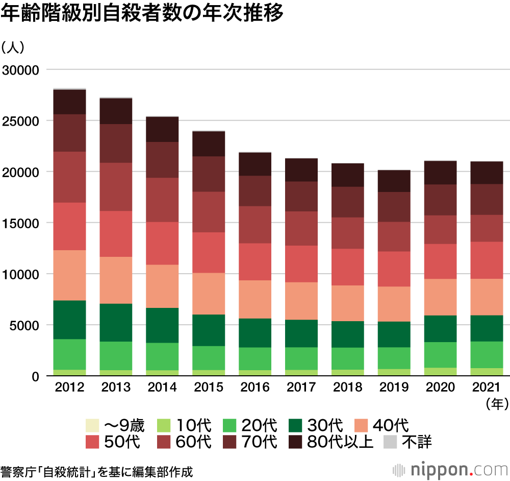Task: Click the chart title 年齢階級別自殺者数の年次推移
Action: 142,14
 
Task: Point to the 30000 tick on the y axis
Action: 20,69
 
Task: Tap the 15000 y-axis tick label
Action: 20,223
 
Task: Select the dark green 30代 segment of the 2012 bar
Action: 69,320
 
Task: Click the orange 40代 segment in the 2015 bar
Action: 209,294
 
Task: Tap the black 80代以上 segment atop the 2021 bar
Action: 487,173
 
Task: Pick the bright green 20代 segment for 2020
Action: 441,354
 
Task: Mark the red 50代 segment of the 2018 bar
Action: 348,267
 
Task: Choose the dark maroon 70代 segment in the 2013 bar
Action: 116,143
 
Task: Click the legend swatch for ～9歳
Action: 92,425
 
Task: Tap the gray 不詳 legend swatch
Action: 390,441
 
